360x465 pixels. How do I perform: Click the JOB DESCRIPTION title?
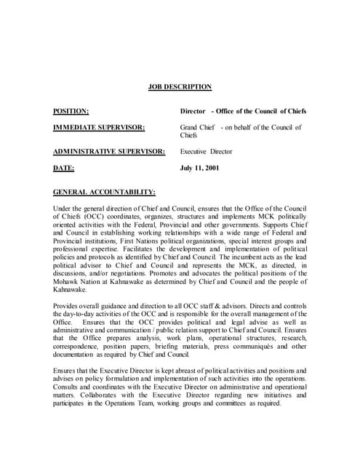click(x=180, y=87)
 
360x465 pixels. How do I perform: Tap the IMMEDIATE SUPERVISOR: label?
click(x=99, y=128)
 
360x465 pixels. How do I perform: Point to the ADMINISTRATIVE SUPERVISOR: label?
click(x=109, y=152)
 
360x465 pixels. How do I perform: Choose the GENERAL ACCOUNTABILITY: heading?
click(x=104, y=192)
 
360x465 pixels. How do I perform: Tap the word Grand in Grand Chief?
click(x=189, y=128)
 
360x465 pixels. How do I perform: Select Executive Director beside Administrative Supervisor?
click(x=207, y=152)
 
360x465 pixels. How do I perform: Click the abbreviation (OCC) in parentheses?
click(x=96, y=217)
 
